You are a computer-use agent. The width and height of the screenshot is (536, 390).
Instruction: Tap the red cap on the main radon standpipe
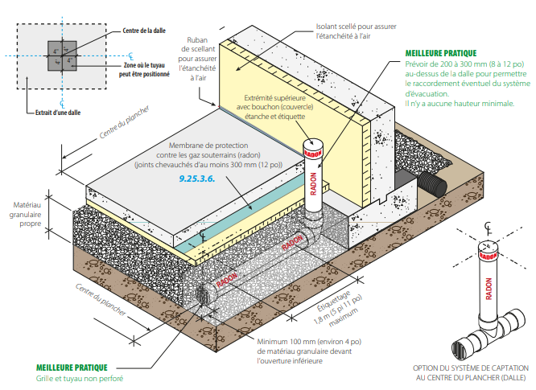(312, 150)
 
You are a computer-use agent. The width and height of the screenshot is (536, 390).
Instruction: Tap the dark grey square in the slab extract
(61, 55)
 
